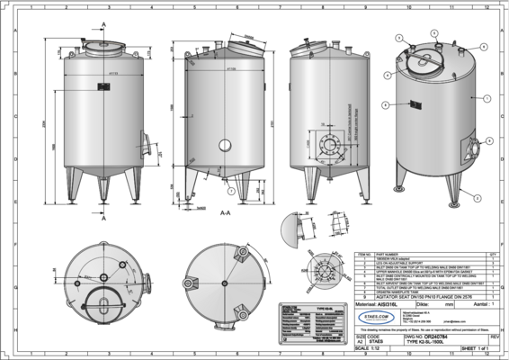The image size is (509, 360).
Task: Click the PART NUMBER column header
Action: coord(396,255)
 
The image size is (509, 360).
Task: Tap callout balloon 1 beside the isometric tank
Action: coord(486,97)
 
